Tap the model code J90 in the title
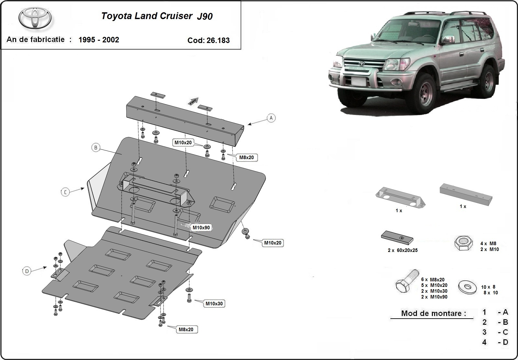tap(205, 16)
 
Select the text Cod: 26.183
tap(208, 40)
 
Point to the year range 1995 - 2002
tap(99, 40)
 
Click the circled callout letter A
tap(271, 118)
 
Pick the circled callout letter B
tap(96, 148)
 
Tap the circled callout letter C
tap(65, 192)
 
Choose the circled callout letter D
tap(27, 271)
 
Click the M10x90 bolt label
tap(201, 228)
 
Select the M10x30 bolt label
tap(214, 304)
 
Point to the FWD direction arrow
tap(193, 101)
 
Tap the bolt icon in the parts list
tap(406, 281)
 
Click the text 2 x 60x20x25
tap(402, 250)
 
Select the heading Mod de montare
tap(434, 313)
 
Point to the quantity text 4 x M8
tap(488, 244)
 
